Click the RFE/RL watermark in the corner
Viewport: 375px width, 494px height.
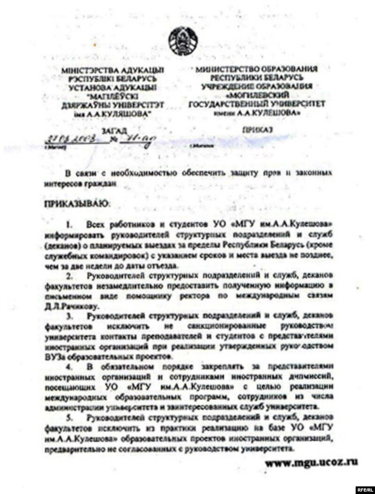tap(364, 488)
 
